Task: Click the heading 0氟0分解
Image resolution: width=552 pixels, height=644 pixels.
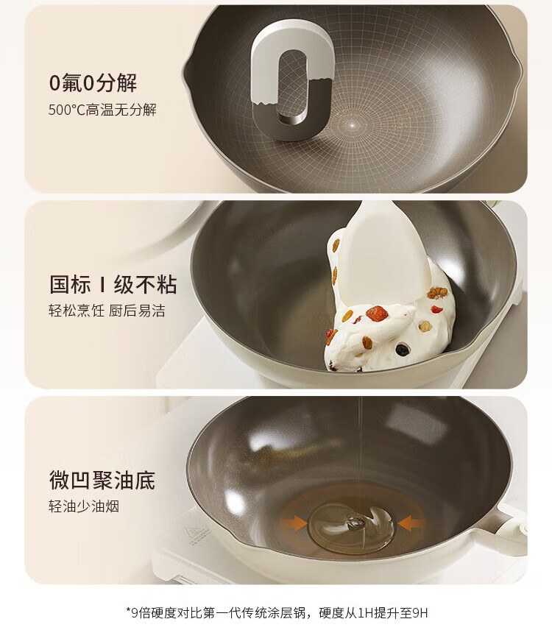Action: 93,83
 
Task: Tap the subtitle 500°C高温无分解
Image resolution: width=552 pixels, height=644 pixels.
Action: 102,110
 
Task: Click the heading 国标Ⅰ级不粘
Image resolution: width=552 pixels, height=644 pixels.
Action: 113,285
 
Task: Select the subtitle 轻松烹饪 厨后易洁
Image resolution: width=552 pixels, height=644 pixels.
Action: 107,311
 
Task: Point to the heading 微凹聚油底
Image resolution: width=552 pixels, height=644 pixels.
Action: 102,480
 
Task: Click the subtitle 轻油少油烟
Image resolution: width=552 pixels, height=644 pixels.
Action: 84,506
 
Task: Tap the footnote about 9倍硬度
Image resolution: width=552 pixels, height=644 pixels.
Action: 277,613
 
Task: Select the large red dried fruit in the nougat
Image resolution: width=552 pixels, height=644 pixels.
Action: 377,314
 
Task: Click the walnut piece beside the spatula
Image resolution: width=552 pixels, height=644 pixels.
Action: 437,292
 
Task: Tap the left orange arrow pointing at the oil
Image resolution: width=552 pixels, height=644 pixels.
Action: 294,523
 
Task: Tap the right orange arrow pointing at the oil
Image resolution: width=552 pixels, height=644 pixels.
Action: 411,523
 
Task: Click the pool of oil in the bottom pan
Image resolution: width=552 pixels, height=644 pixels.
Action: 351,527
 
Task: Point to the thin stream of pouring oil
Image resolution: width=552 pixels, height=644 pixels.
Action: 360,456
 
